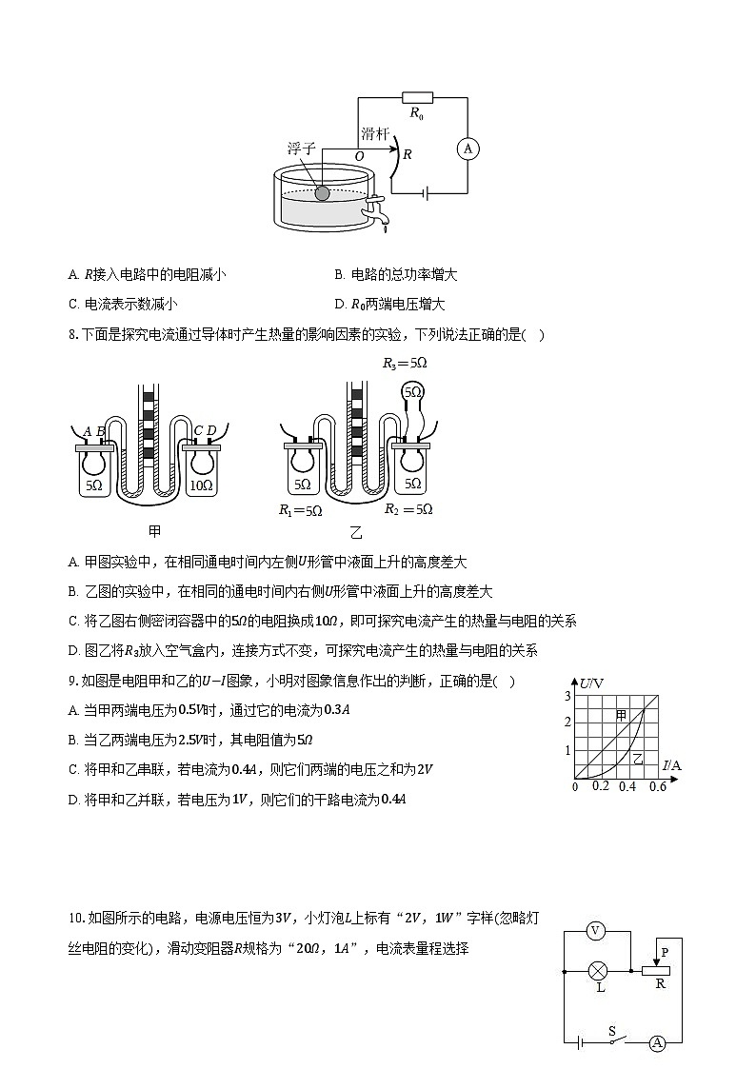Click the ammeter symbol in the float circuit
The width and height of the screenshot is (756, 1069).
coord(468,148)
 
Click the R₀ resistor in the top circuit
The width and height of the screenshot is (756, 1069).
coord(417,96)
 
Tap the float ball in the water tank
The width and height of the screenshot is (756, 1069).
coord(322,193)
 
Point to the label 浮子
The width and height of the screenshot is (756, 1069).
coord(301,149)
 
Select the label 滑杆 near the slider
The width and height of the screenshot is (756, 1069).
coord(374,135)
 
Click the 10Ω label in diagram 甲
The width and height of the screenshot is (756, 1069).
coord(201,485)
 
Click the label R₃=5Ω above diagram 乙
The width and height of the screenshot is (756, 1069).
coord(405,364)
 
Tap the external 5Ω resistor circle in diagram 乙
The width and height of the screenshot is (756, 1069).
coord(412,391)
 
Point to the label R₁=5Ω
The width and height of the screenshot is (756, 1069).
coord(300,510)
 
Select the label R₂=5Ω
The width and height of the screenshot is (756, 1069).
coord(408,509)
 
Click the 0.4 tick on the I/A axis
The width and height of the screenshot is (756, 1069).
coord(627,787)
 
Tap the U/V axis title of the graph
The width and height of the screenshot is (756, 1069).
coord(592,683)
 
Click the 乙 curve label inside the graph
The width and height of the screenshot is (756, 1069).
coord(638,760)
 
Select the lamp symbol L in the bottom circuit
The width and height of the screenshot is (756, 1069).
coord(599,972)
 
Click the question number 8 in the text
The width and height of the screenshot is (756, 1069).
coord(72,334)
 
